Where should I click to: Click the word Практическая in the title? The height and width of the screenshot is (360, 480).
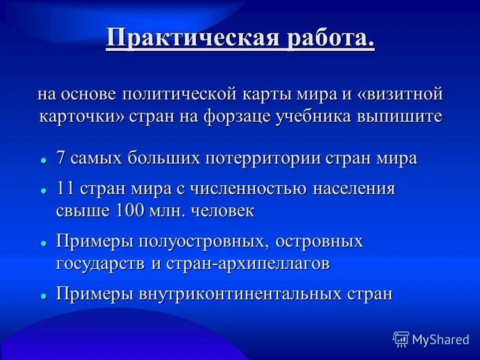click(x=192, y=39)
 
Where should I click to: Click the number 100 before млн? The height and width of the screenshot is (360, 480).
click(x=130, y=211)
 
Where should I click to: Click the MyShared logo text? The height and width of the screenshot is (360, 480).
click(x=440, y=339)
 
